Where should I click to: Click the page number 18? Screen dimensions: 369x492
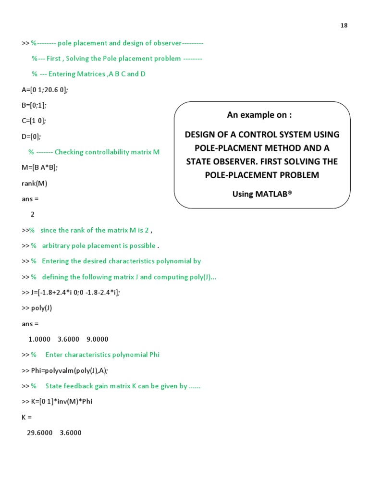(x=344, y=25)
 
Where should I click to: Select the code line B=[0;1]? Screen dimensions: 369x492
(x=35, y=105)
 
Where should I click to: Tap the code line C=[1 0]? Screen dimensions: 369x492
(x=34, y=121)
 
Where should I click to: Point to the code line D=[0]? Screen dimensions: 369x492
(x=32, y=136)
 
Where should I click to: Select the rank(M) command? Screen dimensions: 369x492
(x=35, y=183)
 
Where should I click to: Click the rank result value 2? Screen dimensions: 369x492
(x=33, y=214)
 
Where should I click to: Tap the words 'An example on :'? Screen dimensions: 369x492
(x=259, y=115)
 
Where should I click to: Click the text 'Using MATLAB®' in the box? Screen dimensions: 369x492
(x=262, y=194)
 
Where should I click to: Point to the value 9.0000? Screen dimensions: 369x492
(x=98, y=339)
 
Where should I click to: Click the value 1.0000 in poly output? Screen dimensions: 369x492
(x=39, y=339)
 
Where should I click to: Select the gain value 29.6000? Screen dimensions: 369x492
(x=40, y=433)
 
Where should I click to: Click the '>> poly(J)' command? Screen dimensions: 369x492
(x=37, y=308)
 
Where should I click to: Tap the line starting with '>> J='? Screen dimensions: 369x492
(x=71, y=293)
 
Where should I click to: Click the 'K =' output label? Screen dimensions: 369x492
(x=26, y=417)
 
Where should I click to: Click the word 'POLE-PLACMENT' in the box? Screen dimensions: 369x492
(x=224, y=148)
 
